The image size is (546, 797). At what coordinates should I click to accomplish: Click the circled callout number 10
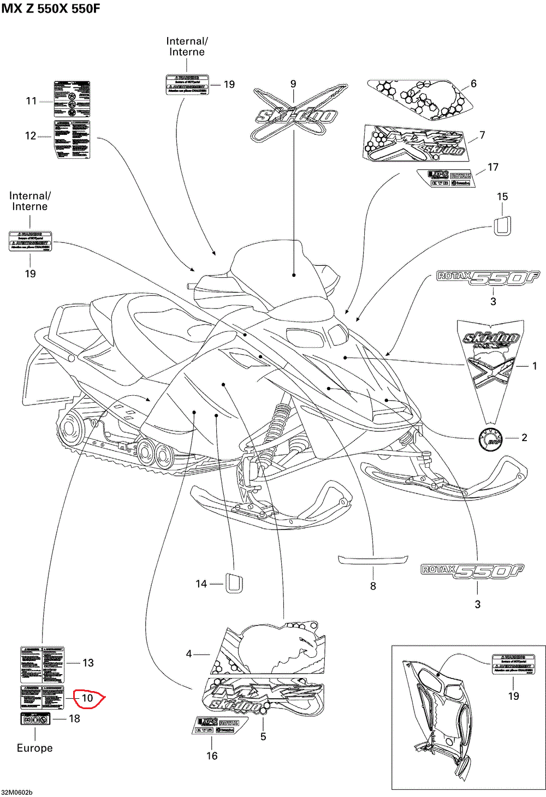point(87,698)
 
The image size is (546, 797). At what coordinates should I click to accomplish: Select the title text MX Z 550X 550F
point(51,9)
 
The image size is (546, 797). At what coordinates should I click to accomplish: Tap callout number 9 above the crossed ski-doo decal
point(293,84)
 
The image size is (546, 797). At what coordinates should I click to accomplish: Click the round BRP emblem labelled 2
point(490,438)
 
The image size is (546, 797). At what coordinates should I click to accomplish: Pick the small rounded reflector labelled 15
point(502,225)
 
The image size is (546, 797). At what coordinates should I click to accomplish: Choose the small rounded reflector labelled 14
point(234,583)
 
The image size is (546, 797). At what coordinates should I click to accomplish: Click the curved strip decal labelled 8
point(373,560)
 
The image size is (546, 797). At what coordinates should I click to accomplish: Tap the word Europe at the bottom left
point(34,748)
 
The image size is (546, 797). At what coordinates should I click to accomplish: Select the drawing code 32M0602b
point(17,792)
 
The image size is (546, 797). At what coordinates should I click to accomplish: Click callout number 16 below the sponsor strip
point(212,756)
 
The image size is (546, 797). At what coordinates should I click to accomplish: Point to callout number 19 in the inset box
point(513,696)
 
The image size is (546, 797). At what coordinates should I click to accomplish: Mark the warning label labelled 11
point(72,99)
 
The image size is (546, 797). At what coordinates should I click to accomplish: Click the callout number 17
point(493,167)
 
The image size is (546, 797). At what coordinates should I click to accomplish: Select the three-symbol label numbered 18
point(35,718)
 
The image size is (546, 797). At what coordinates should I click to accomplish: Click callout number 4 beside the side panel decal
point(189,654)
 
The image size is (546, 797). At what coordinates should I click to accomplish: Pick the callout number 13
point(88,663)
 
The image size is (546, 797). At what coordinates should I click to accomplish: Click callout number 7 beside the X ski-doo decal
point(482,135)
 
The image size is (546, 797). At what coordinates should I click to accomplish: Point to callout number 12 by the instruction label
point(31,135)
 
